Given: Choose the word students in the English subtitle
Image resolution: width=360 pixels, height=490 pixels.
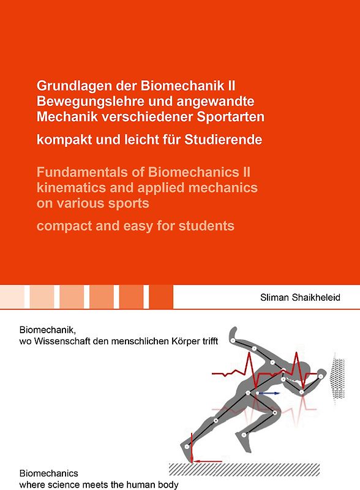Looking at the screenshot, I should point(206,226).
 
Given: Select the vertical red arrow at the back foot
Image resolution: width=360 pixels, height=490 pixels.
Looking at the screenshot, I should point(191,447).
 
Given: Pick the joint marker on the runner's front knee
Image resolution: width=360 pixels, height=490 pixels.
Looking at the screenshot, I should point(276,412).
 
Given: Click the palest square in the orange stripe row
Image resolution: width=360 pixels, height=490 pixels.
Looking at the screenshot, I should point(12,297).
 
